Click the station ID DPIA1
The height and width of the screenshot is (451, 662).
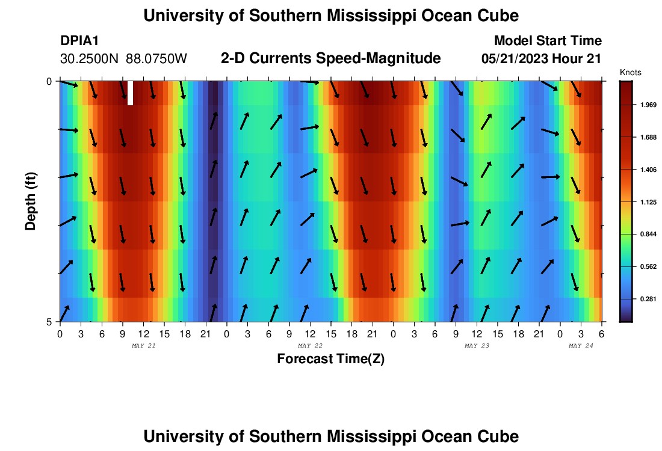pyautogui.click(x=79, y=41)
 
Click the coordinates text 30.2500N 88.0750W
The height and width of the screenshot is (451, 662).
pyautogui.click(x=124, y=59)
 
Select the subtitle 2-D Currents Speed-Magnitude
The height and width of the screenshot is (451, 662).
pyautogui.click(x=331, y=58)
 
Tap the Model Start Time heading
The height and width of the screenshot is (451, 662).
pyautogui.click(x=548, y=41)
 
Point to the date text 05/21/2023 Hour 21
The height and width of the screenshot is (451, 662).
pyautogui.click(x=542, y=59)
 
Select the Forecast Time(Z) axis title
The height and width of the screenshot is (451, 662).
pyautogui.click(x=330, y=359)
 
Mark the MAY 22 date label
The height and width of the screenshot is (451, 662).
pyautogui.click(x=311, y=346)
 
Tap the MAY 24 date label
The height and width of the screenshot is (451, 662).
pyautogui.click(x=581, y=346)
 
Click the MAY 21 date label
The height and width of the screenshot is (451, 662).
pyautogui.click(x=143, y=346)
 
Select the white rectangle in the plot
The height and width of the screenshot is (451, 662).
pyautogui.click(x=130, y=93)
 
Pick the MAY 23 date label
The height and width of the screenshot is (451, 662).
pyautogui.click(x=477, y=346)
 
